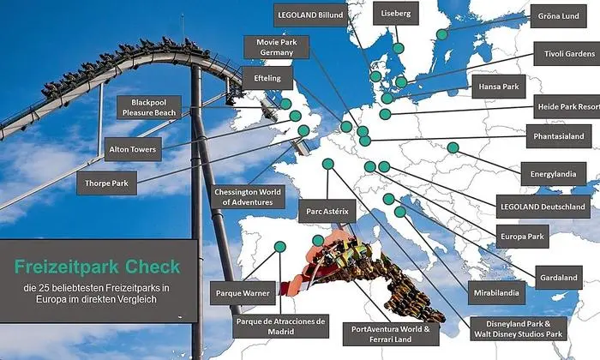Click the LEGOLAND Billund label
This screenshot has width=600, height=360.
click(x=309, y=15)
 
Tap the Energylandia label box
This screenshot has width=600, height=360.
click(x=555, y=173)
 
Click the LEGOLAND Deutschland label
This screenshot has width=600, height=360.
click(x=542, y=207)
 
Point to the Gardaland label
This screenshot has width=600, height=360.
click(x=558, y=278)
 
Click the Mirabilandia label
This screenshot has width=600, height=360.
click(x=495, y=292)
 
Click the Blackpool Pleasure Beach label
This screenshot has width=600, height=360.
click(x=148, y=106)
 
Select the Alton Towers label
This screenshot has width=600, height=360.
click(x=132, y=150)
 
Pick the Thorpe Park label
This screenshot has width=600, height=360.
click(x=106, y=183)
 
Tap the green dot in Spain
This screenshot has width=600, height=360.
click(x=279, y=247)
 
